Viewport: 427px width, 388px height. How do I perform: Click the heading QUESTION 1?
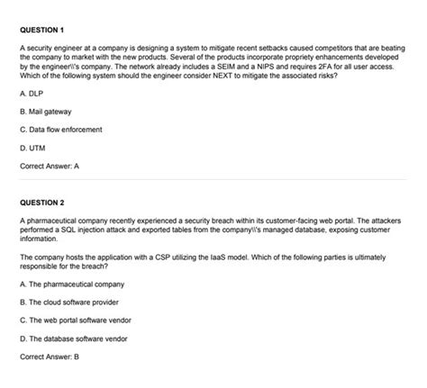tap(44, 26)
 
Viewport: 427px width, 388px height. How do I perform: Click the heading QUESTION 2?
tap(44, 203)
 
